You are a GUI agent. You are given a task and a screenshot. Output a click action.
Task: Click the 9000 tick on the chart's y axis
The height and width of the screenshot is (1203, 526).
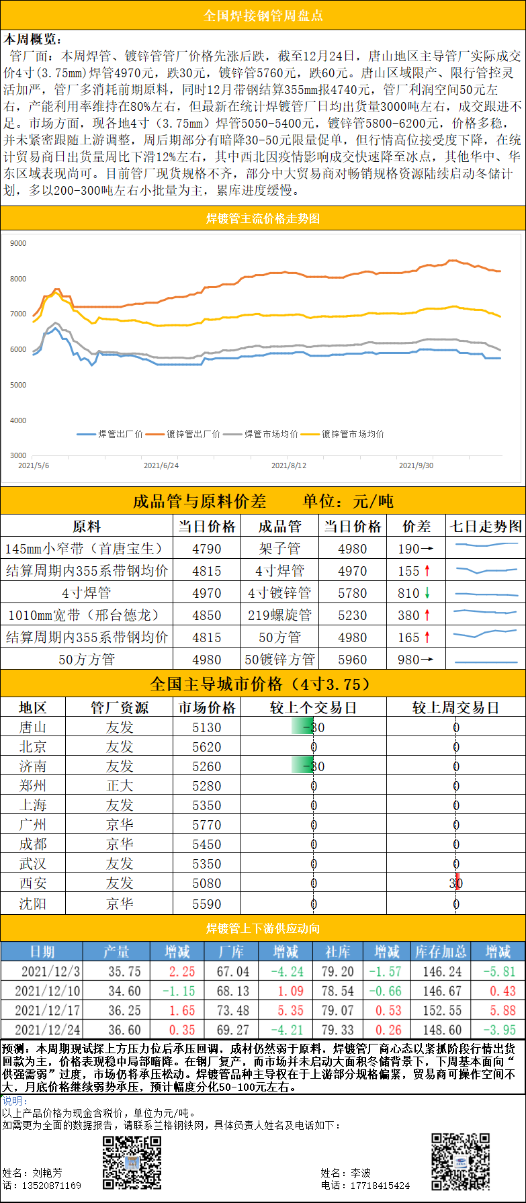(18, 243)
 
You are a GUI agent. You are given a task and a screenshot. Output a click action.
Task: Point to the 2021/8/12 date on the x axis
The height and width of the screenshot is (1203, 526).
(289, 465)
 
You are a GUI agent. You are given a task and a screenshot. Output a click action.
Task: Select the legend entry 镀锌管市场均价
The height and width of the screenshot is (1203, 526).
(353, 434)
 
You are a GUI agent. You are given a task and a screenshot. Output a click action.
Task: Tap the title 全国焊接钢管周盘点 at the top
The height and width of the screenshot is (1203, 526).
(263, 15)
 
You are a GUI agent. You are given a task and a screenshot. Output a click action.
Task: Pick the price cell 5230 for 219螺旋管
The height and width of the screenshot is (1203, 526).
(352, 615)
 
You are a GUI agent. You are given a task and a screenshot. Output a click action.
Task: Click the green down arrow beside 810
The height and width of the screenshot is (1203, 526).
(427, 592)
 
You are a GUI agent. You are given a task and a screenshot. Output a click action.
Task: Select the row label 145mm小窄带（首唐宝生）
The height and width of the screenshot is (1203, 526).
(86, 548)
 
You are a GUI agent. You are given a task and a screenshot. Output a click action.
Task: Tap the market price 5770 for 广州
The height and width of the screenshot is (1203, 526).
(206, 824)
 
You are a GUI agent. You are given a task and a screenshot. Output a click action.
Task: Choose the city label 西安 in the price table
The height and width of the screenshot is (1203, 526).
(33, 883)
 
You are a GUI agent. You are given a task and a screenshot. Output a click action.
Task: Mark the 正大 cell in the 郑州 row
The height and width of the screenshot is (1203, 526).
(120, 785)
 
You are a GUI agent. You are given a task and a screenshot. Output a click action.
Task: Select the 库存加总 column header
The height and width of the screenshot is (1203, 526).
(440, 951)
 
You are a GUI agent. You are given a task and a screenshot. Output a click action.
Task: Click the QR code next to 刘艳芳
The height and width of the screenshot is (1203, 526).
(132, 1163)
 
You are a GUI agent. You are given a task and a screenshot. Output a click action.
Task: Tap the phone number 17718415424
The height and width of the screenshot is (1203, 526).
(380, 1186)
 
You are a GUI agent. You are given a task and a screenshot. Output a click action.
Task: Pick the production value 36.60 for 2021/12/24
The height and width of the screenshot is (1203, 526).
(124, 1030)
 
